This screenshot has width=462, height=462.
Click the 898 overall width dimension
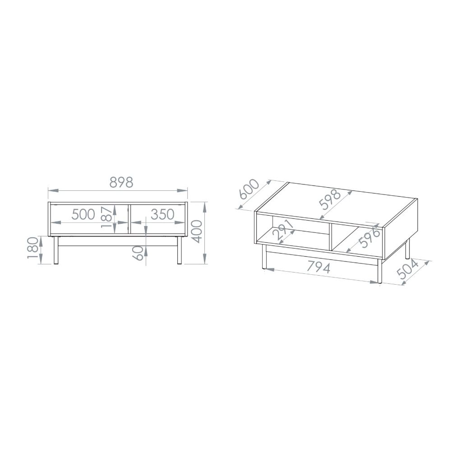point(121,183)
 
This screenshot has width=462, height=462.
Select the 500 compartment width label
point(83,214)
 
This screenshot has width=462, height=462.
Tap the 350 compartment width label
point(162,214)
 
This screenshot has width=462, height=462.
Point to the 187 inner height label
point(106,217)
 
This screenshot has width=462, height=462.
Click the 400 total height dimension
point(197,231)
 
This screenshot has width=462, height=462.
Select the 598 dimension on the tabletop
point(330,199)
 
